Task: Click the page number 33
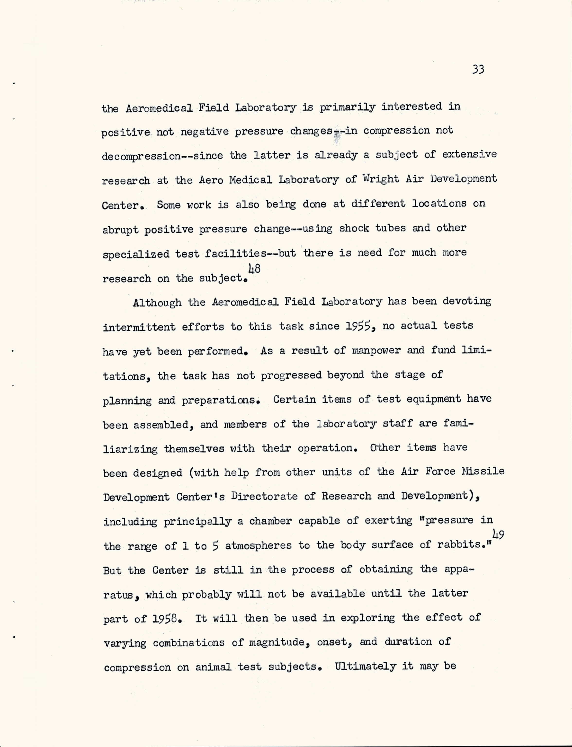(x=478, y=70)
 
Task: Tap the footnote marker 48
(x=254, y=269)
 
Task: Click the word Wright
(x=381, y=179)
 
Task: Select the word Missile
(x=483, y=471)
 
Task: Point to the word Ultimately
(x=365, y=666)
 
